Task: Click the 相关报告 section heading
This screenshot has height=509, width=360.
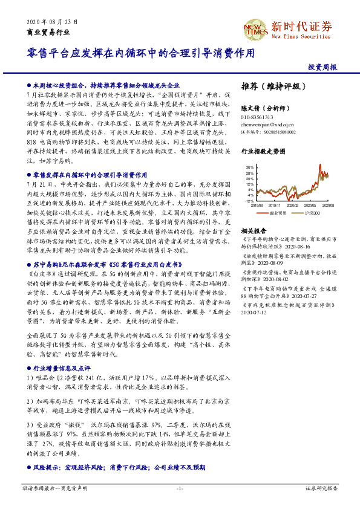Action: click(253, 231)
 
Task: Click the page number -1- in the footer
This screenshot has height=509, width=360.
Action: click(180, 487)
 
